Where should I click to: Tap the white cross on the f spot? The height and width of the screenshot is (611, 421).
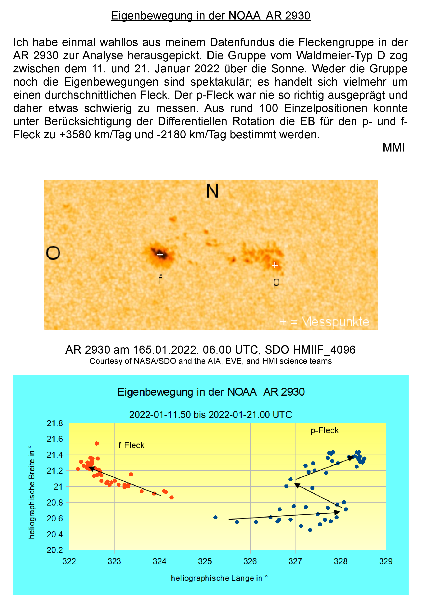(x=160, y=254)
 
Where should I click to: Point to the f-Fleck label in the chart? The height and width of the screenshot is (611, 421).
(x=131, y=445)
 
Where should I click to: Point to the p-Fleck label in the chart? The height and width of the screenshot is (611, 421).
(x=324, y=431)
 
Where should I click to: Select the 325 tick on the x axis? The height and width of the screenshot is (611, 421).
(x=205, y=561)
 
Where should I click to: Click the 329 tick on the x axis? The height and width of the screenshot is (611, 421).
(x=386, y=561)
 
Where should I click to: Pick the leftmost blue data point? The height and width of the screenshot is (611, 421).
(x=215, y=517)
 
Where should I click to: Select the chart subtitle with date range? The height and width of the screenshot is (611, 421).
(x=210, y=414)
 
